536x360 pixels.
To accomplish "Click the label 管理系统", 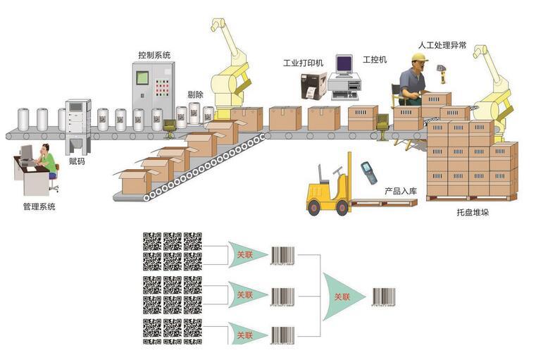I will click(x=39, y=207).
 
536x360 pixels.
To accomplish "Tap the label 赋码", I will click(x=77, y=161).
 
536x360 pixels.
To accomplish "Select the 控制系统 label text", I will click(x=154, y=54).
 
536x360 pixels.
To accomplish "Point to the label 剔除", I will click(x=195, y=95).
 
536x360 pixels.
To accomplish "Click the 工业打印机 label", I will click(x=303, y=63).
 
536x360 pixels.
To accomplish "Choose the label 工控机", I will click(x=375, y=59).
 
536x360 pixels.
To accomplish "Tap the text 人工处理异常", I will click(x=442, y=45).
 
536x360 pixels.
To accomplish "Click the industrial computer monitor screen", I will click(x=344, y=65).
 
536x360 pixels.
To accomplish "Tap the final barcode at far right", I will click(x=385, y=297).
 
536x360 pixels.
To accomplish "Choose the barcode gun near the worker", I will click(x=442, y=70).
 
